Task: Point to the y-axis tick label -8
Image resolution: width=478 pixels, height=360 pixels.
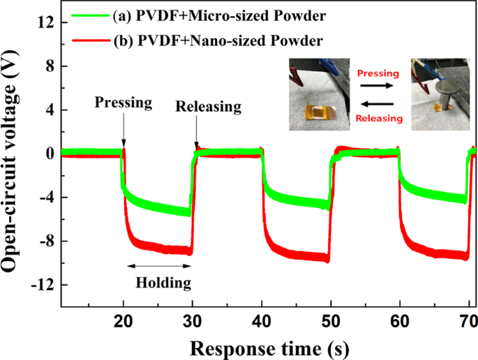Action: tap(45, 241)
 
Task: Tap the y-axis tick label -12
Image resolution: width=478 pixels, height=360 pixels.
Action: tap(41, 285)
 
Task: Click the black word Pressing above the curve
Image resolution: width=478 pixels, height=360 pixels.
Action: tap(124, 103)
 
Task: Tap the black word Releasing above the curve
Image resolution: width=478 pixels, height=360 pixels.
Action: tap(208, 107)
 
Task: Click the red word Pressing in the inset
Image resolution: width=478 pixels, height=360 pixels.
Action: tap(378, 73)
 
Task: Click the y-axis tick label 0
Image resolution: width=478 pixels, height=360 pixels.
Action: tap(49, 153)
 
